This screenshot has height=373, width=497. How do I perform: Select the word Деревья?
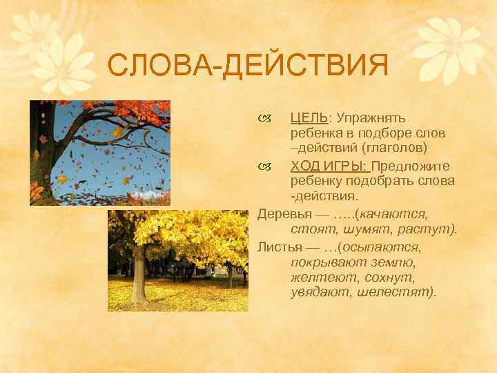282,214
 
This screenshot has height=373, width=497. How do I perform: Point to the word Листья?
278,247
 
